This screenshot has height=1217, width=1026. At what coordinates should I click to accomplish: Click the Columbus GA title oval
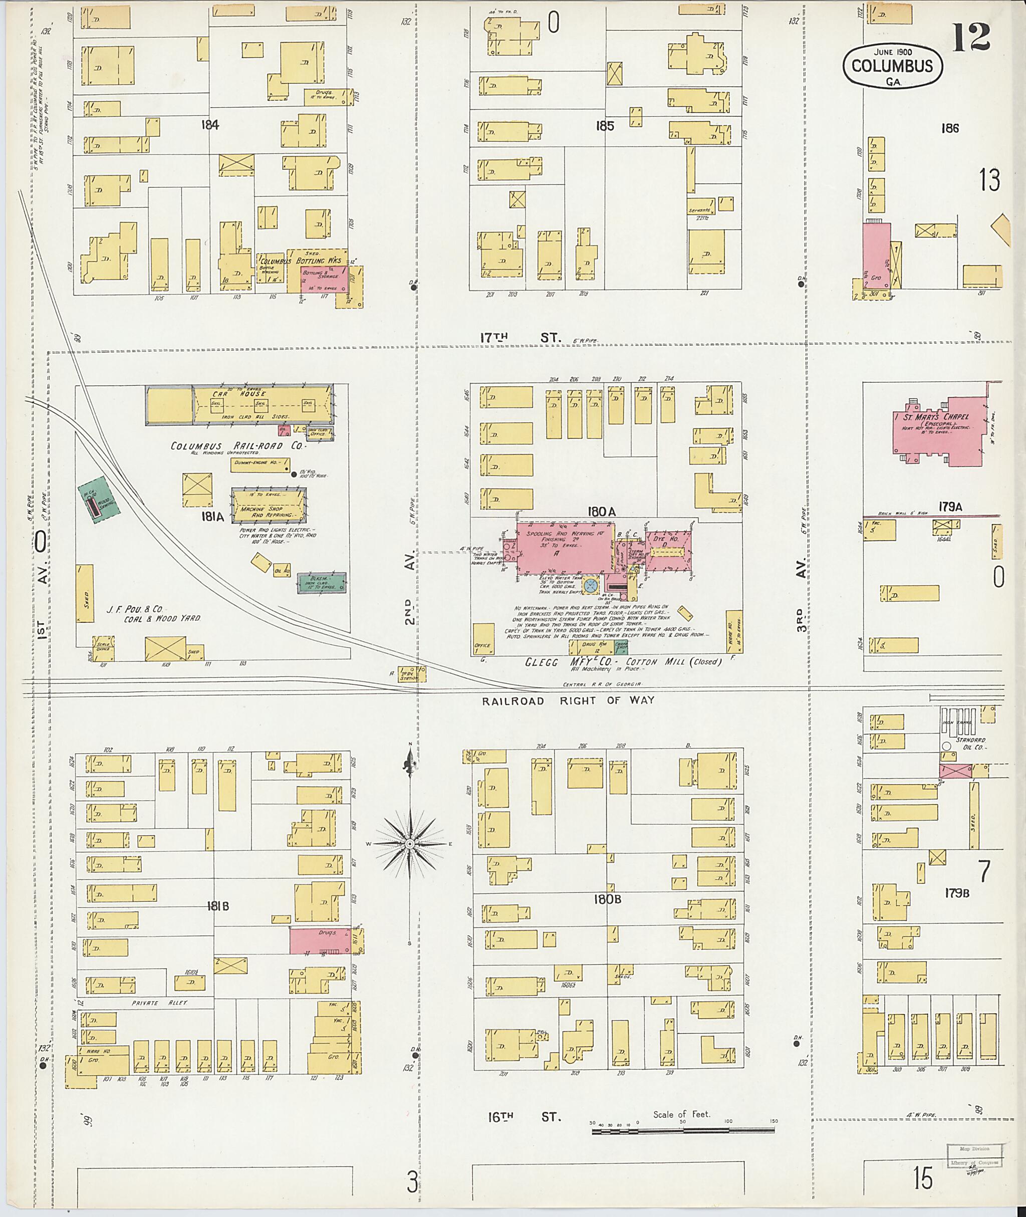[893, 66]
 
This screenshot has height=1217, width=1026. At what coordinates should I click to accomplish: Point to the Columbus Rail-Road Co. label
[226, 446]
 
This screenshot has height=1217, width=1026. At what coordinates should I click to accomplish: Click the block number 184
[210, 124]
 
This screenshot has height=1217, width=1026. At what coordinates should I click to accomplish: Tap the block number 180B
[608, 899]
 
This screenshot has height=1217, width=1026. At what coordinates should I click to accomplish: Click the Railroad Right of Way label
[568, 700]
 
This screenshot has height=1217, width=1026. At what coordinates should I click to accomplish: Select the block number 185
[605, 126]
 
